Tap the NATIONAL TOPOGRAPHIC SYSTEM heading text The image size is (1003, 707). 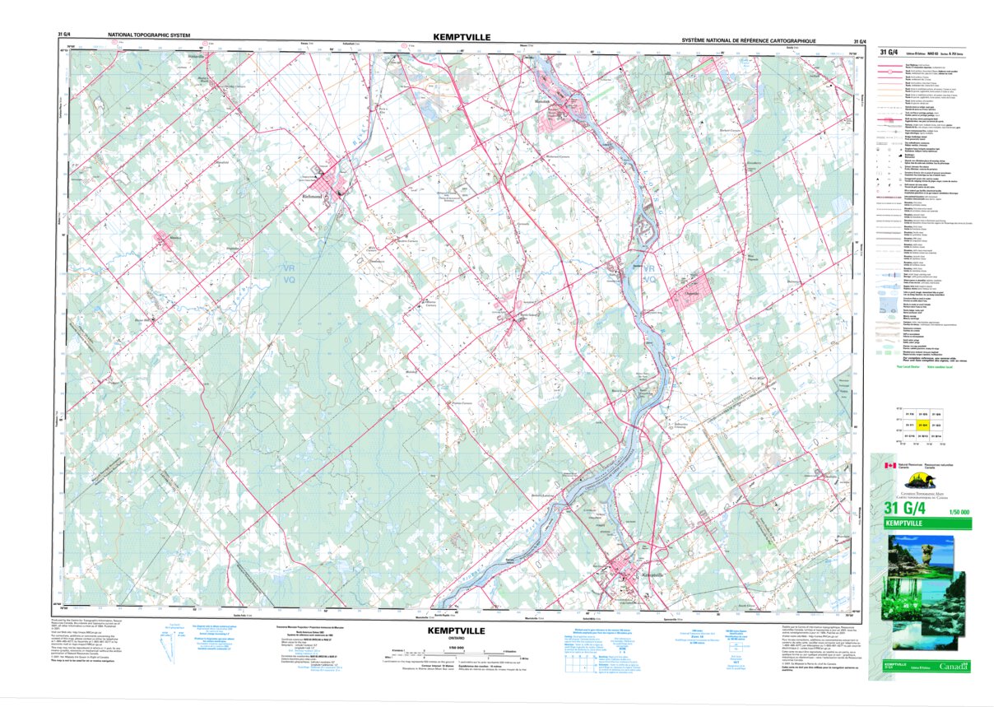pyautogui.click(x=149, y=37)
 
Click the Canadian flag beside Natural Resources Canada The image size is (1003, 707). pyautogui.click(x=889, y=466)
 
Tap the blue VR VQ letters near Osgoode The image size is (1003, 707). pyautogui.click(x=650, y=275)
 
